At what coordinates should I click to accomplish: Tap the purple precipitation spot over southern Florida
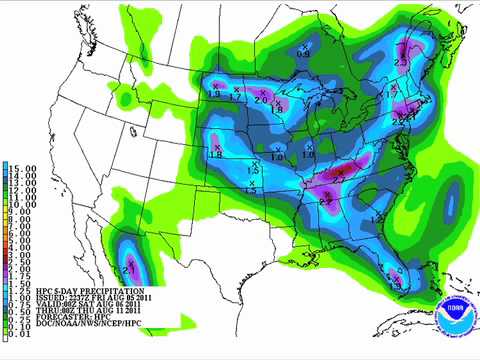coord(396,284)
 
